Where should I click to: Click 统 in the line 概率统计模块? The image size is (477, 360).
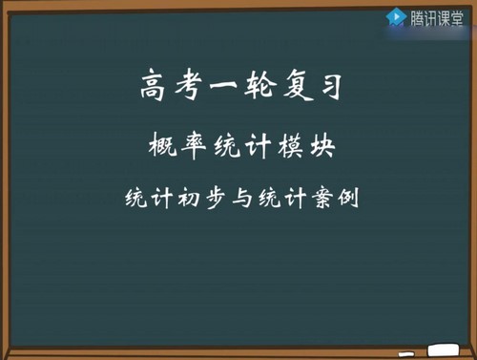[223, 148]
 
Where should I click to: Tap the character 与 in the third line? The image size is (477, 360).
[237, 201]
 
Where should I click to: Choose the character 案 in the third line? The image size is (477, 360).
[316, 201]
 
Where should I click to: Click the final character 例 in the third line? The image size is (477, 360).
[342, 201]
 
